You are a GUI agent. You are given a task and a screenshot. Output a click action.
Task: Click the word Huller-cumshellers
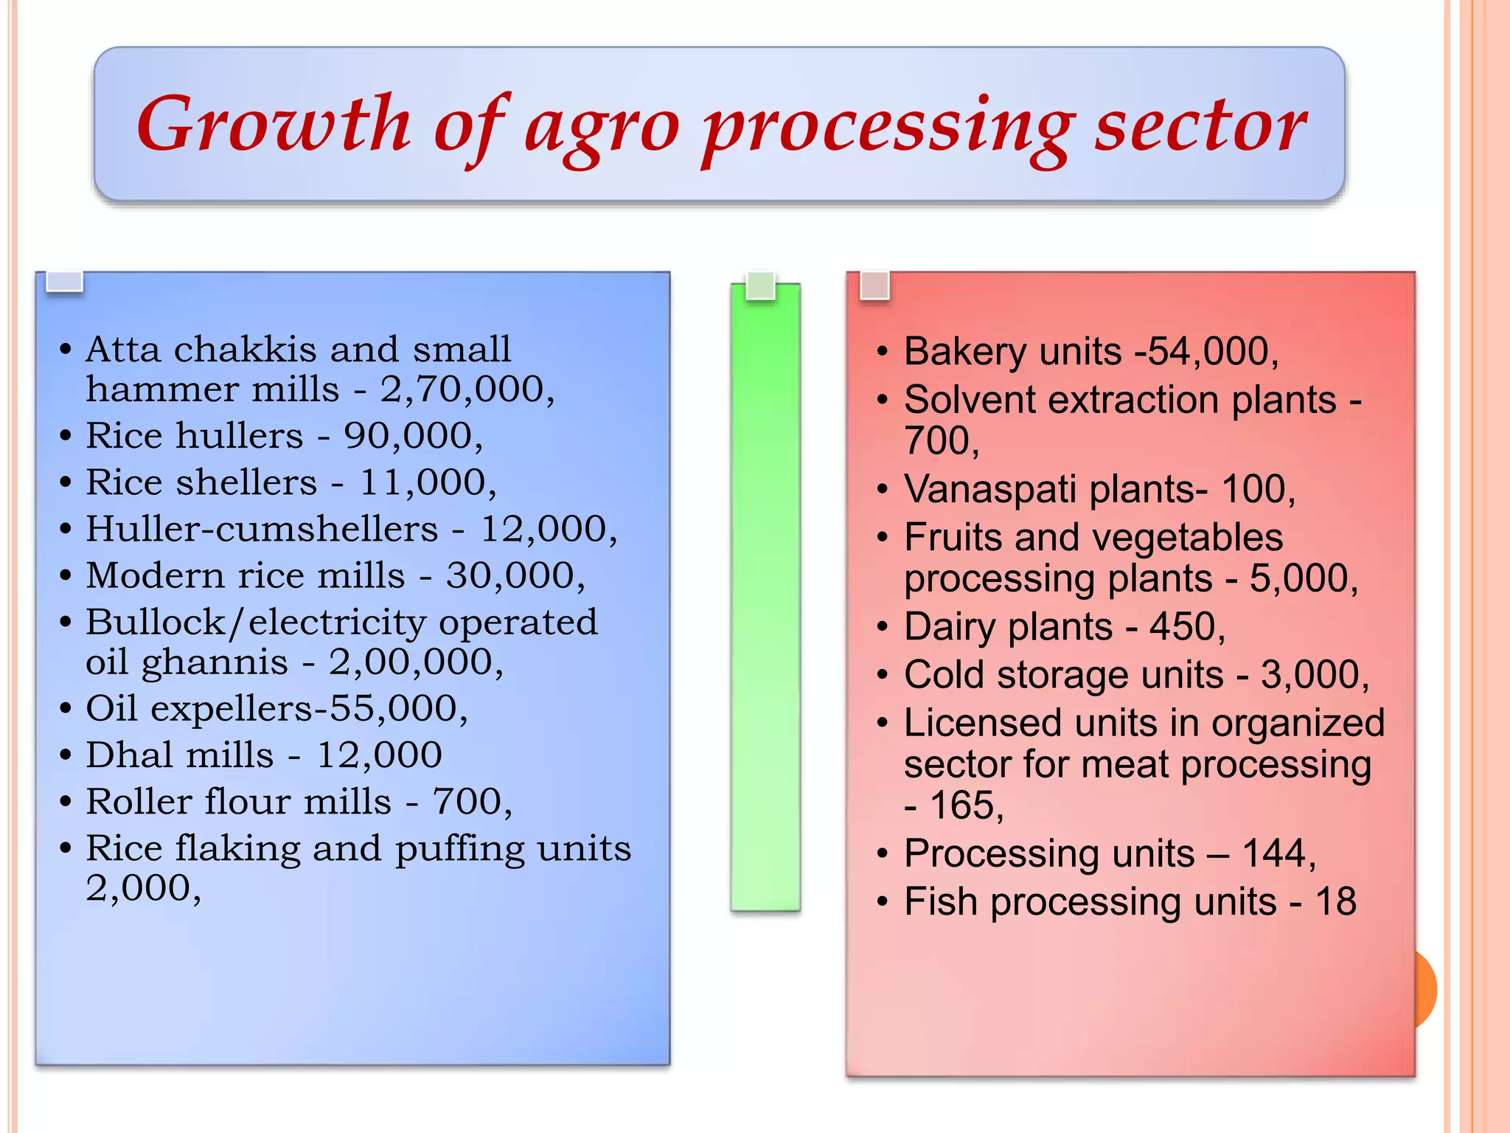click(262, 529)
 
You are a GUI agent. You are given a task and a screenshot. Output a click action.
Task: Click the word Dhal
click(130, 755)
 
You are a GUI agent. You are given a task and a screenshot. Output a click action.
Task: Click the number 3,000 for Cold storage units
click(1309, 676)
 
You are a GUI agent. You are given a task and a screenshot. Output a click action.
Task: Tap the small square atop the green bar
click(760, 285)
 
